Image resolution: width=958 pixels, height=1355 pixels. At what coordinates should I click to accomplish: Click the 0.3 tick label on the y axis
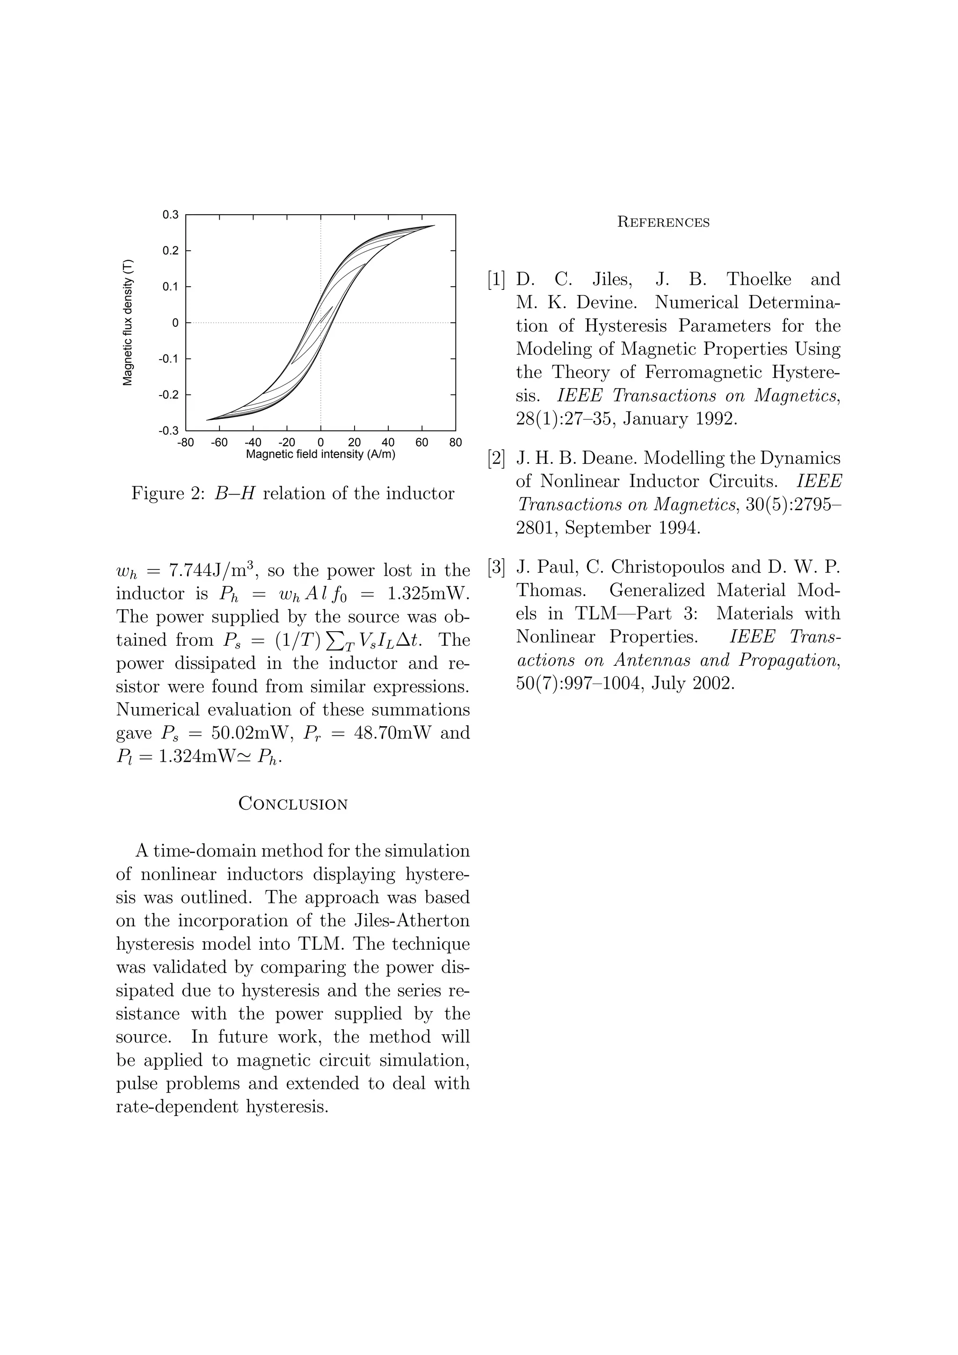point(171,215)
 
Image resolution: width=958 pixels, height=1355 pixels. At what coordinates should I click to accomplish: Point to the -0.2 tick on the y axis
point(169,395)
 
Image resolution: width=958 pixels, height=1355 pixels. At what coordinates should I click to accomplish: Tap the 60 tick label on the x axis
point(421,443)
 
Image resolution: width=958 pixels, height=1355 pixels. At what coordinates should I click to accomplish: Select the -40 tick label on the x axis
point(253,443)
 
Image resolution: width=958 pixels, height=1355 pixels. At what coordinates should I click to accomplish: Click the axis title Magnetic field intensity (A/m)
point(320,454)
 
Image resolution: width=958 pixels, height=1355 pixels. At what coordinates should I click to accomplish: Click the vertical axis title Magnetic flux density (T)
point(128,323)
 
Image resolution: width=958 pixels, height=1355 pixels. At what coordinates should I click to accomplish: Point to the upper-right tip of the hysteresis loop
point(435,225)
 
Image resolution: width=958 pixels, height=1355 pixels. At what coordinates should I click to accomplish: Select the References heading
point(663,223)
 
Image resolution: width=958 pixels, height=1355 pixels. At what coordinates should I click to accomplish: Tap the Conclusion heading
point(293,804)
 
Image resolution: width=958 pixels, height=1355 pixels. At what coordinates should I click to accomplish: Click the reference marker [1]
point(496,280)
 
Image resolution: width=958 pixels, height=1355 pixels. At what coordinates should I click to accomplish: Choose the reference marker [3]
point(496,567)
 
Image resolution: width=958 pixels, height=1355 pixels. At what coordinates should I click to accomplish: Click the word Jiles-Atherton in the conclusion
point(406,921)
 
